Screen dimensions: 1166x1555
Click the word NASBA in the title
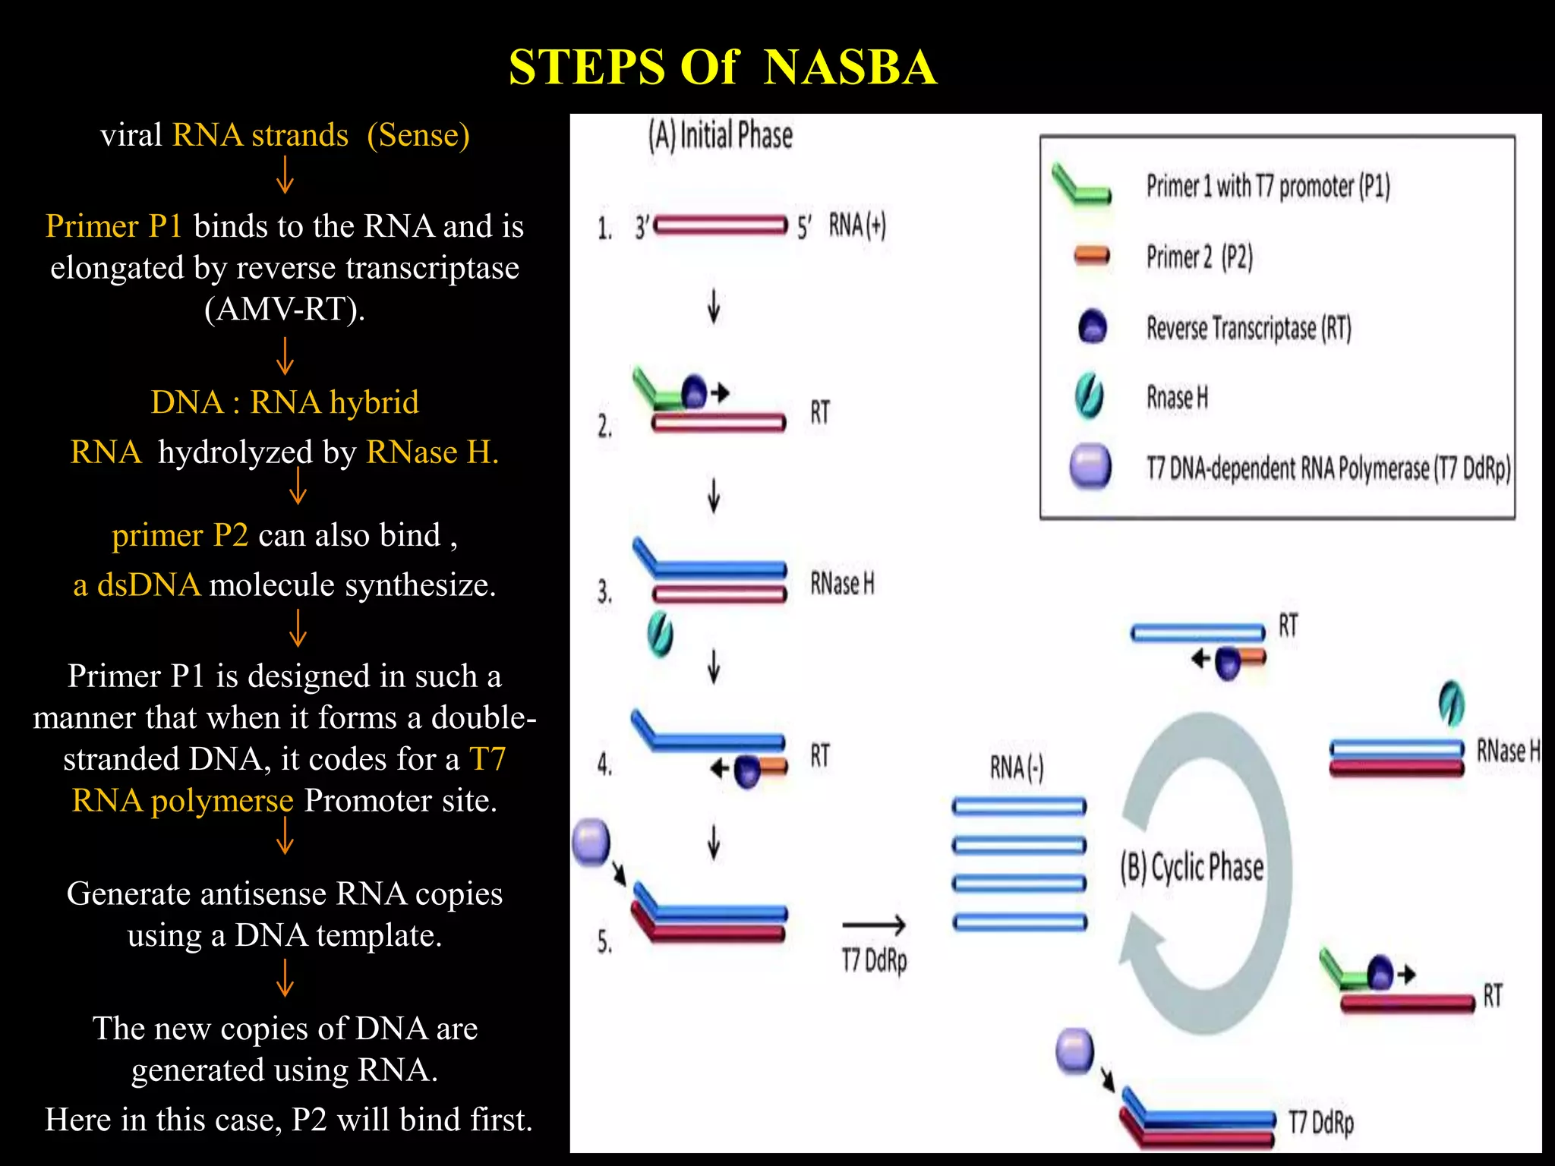click(x=850, y=67)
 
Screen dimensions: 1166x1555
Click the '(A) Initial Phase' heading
click(x=720, y=136)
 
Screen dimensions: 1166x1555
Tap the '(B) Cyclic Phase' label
click(x=1191, y=868)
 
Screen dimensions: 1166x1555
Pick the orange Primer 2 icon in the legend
click(x=1092, y=257)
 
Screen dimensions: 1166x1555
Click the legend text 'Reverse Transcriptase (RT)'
click(x=1248, y=328)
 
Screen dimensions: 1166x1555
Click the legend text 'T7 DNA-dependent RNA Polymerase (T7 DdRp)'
click(x=1328, y=468)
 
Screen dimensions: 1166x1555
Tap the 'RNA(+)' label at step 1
click(x=857, y=225)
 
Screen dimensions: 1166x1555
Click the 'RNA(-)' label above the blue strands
click(x=1016, y=768)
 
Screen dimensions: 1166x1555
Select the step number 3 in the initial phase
click(x=604, y=591)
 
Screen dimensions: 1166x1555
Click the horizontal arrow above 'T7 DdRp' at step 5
click(x=873, y=925)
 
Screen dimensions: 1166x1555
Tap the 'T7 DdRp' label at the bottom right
click(x=1321, y=1122)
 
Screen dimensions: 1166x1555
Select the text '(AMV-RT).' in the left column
click(x=285, y=309)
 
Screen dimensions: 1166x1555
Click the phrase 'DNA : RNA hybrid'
click(x=285, y=402)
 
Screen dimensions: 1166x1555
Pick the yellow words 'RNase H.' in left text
click(x=432, y=452)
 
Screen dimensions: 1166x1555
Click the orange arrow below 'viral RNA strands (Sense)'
click(x=285, y=175)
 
